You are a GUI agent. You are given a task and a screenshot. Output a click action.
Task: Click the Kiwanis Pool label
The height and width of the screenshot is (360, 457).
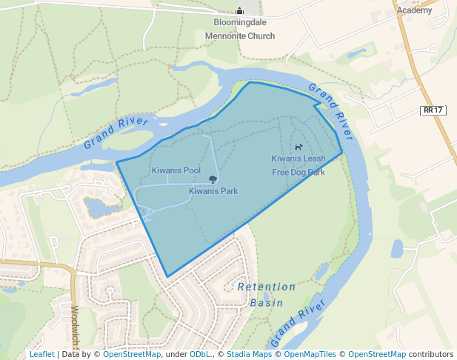176,170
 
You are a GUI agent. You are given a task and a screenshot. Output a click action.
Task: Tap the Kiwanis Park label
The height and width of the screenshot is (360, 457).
213,191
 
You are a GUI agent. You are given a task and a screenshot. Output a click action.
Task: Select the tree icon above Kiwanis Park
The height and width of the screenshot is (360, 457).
213,179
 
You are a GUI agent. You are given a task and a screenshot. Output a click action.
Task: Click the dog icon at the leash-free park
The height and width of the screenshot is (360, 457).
298,147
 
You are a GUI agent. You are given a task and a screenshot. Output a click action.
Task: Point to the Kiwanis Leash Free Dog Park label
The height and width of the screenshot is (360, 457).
298,165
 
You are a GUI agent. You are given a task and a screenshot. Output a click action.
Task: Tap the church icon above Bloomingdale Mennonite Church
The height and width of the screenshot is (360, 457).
239,10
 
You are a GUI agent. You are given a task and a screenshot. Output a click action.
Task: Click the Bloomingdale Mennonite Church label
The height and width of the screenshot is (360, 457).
239,30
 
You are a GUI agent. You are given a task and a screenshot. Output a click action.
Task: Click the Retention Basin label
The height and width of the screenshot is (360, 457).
267,294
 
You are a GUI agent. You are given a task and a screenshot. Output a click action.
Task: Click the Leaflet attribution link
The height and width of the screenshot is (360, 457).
41,354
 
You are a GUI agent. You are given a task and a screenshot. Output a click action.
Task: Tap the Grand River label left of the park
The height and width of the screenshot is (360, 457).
116,132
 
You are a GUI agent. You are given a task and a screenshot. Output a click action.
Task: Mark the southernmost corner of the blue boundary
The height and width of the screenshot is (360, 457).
167,277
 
